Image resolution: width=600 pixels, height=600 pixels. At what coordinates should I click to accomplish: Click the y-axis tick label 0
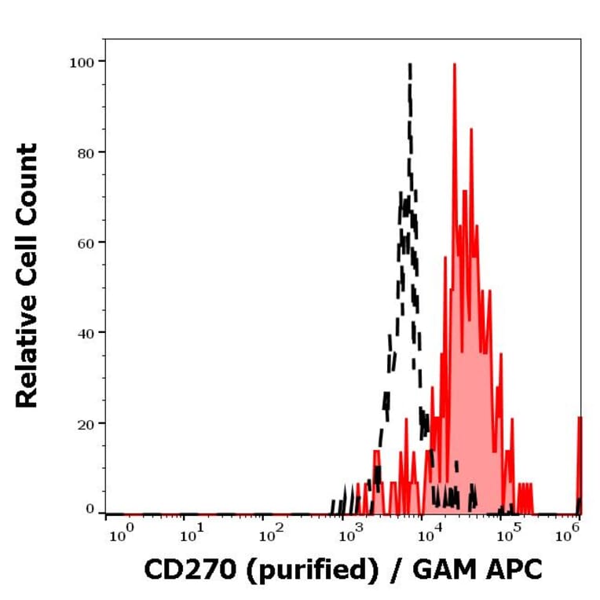coord(90,510)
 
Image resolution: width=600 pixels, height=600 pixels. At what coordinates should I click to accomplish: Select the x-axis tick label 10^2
coord(270,536)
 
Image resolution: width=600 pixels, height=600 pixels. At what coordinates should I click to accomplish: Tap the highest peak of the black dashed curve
coord(409,66)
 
